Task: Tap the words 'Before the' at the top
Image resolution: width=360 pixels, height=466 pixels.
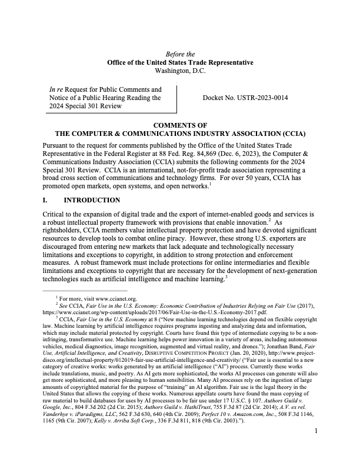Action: tap(180, 54)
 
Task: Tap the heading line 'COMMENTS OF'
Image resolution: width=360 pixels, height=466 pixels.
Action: tap(180, 125)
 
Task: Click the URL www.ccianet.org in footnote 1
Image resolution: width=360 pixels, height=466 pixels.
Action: tap(115, 298)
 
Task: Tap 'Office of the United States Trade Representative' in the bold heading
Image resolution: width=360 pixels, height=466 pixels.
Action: tap(180, 62)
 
